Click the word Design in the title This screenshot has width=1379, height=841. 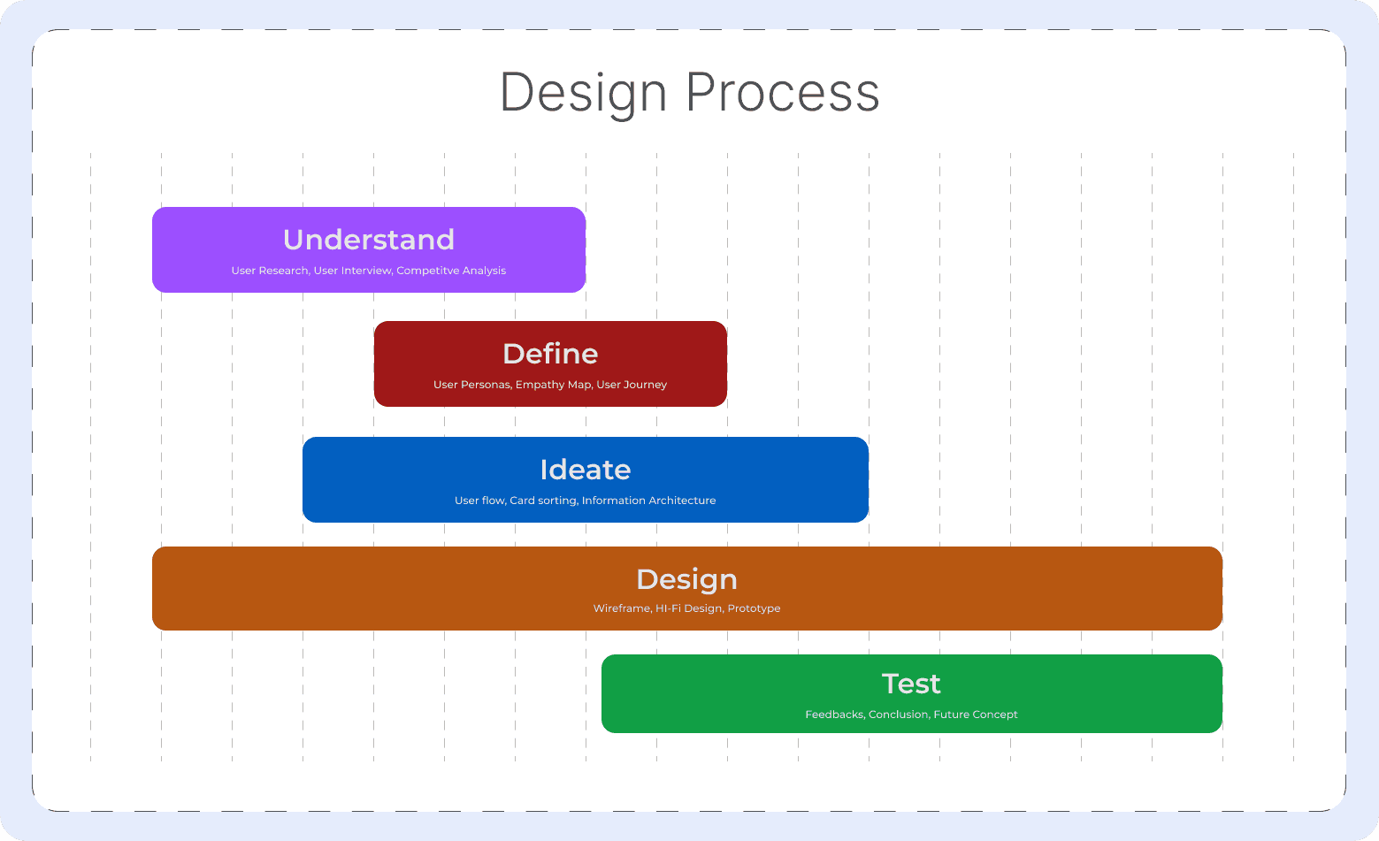(583, 93)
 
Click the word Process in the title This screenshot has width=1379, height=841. (783, 92)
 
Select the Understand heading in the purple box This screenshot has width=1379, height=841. (369, 240)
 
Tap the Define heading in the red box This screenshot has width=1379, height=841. (550, 354)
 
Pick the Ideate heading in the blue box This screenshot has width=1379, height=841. (586, 470)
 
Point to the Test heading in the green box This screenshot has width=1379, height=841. (911, 684)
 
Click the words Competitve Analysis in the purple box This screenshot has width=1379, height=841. (451, 271)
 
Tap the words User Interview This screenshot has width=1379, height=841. (353, 271)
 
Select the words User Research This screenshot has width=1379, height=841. (271, 271)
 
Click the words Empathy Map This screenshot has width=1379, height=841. (554, 385)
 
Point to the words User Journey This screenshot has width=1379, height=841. (632, 385)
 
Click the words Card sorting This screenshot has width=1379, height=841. (544, 501)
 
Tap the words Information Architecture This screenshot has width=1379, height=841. (649, 501)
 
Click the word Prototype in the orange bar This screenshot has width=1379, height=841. (755, 608)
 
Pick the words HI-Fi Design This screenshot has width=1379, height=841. (690, 608)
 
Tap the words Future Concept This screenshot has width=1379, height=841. (976, 715)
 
